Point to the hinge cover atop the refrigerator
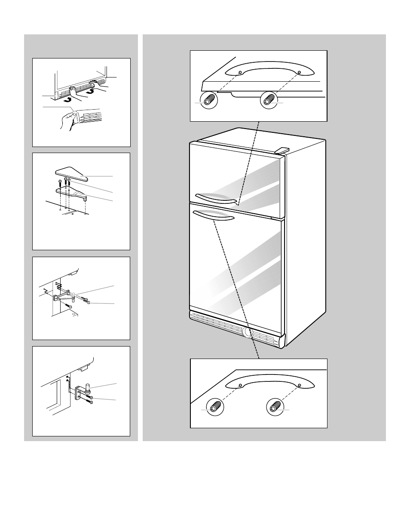click(x=281, y=150)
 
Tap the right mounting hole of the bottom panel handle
click(x=300, y=385)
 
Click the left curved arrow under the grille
click(x=67, y=98)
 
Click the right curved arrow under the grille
click(x=90, y=91)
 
